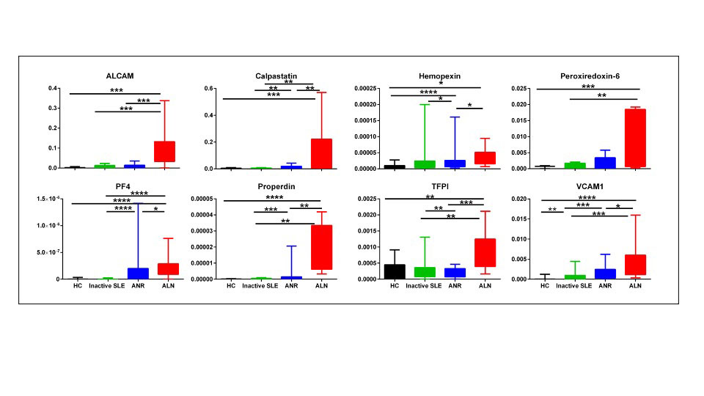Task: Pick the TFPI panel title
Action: pyautogui.click(x=436, y=187)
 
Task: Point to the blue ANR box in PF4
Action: pyautogui.click(x=138, y=274)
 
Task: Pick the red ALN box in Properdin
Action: pyautogui.click(x=322, y=248)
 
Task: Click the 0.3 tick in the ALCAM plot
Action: pyautogui.click(x=55, y=109)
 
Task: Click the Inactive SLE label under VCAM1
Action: pyautogui.click(x=575, y=286)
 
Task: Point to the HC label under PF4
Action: pyautogui.click(x=78, y=286)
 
